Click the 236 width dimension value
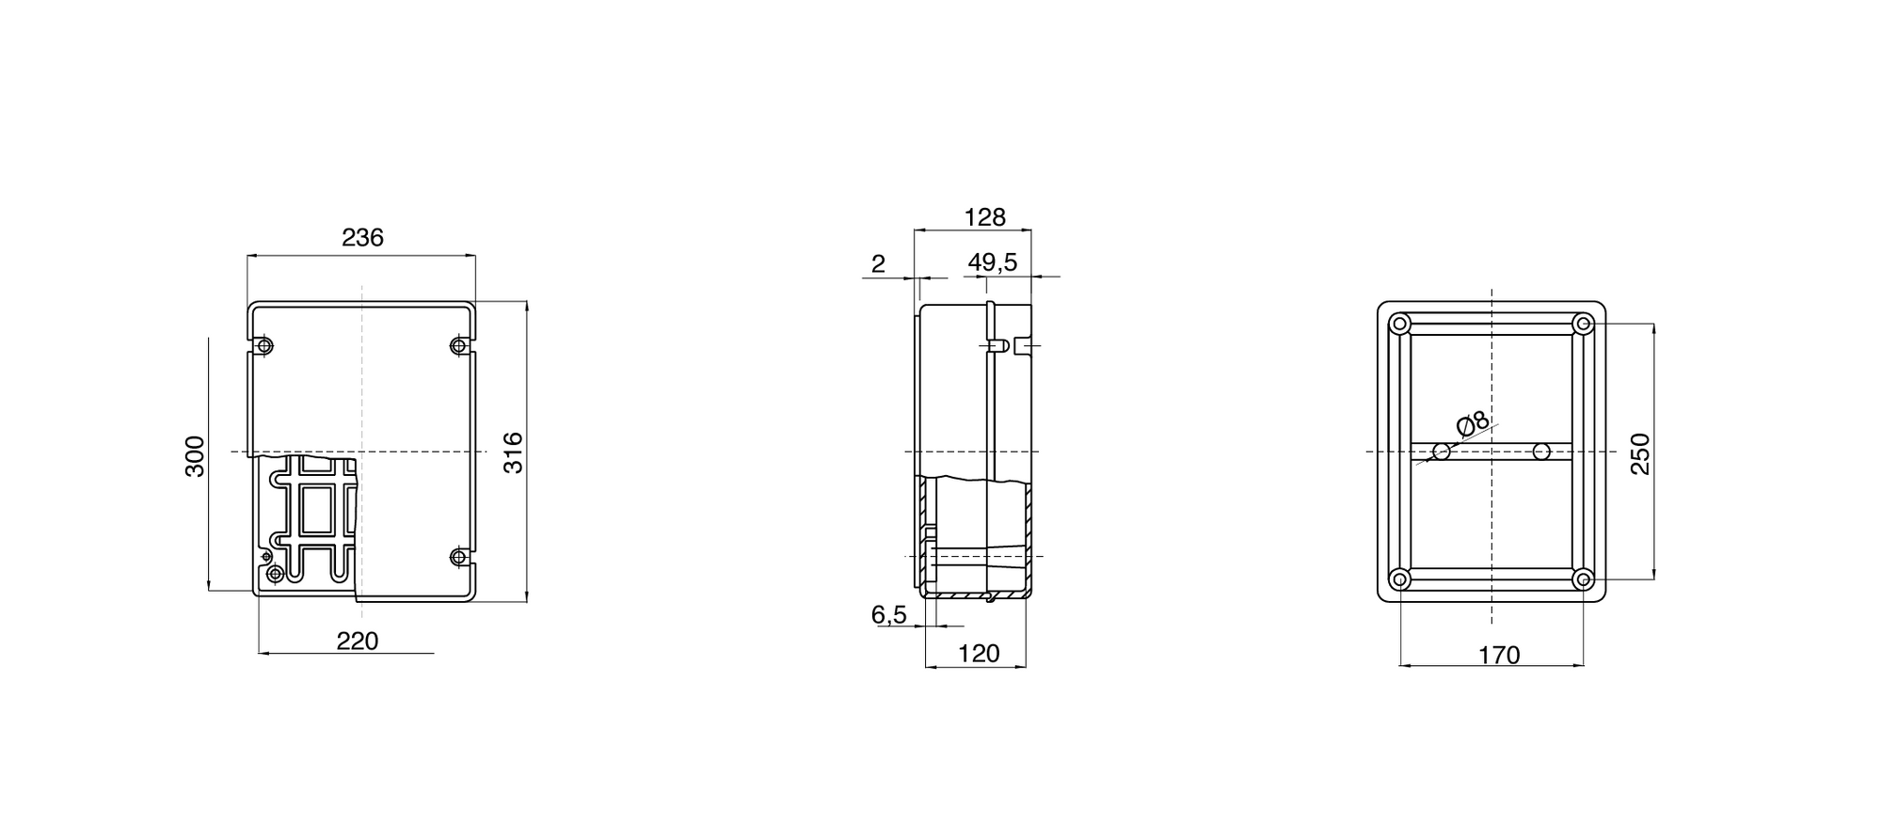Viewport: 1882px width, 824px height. (x=362, y=238)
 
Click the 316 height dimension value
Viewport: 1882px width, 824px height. (x=513, y=452)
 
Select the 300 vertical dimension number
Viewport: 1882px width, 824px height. (x=195, y=456)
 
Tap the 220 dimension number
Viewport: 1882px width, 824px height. (x=358, y=642)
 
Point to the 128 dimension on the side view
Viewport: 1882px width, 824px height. (x=985, y=217)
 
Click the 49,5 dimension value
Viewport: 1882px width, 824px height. (x=993, y=262)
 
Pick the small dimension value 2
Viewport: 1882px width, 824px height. (x=878, y=264)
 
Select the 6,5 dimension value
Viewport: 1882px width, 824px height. (x=888, y=615)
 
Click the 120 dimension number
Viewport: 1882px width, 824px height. (x=979, y=654)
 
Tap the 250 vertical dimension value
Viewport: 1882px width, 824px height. (x=1640, y=453)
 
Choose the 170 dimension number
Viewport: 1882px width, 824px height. (x=1499, y=656)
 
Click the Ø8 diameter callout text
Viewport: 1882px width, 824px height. (x=1474, y=424)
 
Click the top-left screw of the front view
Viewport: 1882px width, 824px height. (x=265, y=346)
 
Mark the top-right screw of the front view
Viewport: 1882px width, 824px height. (x=458, y=346)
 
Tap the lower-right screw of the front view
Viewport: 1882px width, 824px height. (x=458, y=558)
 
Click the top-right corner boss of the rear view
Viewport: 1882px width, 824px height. (x=1584, y=325)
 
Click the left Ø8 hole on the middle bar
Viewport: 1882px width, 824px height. (x=1442, y=452)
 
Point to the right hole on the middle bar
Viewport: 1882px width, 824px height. (x=1541, y=452)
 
